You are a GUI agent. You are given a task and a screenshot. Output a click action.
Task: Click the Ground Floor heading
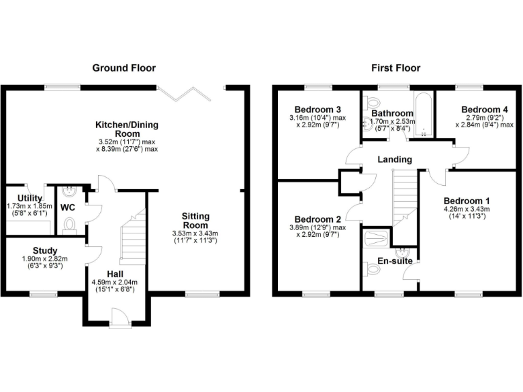(x=124, y=68)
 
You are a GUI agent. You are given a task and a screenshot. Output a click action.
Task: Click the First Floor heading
(x=396, y=68)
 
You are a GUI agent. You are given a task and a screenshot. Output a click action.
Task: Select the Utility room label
(x=20, y=198)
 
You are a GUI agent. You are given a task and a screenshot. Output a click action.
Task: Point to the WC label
(x=68, y=206)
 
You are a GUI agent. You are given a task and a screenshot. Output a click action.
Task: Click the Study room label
(x=45, y=250)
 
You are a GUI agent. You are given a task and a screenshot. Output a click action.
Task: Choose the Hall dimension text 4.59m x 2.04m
(x=114, y=282)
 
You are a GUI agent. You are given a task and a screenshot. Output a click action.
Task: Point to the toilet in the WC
(x=68, y=223)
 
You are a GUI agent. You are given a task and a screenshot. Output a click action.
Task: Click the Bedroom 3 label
(x=317, y=110)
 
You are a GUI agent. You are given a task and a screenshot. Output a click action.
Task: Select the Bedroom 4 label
(x=484, y=110)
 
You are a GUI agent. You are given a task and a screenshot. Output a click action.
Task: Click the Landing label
(x=396, y=159)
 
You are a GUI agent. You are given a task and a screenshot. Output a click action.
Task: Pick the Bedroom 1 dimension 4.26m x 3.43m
(x=466, y=210)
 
